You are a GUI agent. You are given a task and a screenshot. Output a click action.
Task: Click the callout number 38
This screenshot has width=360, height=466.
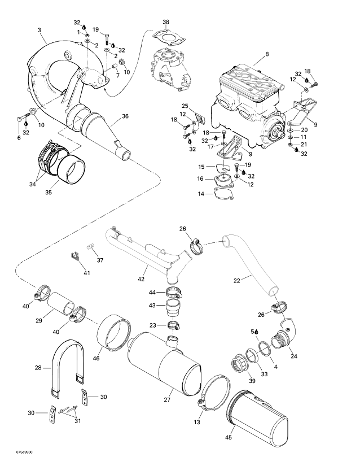tap(166, 22)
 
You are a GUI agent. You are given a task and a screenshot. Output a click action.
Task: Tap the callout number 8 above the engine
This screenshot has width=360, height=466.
tap(267, 54)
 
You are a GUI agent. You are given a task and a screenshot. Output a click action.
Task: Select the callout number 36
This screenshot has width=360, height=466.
tap(125, 116)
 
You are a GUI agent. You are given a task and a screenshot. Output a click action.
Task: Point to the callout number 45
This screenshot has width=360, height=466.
tap(229, 437)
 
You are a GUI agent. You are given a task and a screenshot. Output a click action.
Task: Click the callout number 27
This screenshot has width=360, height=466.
tap(167, 400)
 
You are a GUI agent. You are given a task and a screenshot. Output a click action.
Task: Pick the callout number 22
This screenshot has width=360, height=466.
tap(236, 280)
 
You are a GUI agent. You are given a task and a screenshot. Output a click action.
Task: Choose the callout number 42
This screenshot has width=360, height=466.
tap(141, 279)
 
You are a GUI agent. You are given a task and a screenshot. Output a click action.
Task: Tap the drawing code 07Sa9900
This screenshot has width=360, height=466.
tap(24, 452)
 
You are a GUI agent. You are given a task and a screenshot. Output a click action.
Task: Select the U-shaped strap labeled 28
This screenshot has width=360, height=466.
tap(68, 368)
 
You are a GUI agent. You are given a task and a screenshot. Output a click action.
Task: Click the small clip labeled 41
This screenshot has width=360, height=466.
tap(75, 256)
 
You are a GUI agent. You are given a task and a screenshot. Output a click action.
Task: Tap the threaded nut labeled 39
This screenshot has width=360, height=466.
tap(239, 362)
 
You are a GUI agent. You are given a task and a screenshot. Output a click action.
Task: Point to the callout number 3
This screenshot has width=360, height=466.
tap(39, 30)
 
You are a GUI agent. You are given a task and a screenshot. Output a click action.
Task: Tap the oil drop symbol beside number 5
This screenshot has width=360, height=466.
tap(256, 332)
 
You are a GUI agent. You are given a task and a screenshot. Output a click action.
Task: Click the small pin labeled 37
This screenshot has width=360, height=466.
tap(90, 247)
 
